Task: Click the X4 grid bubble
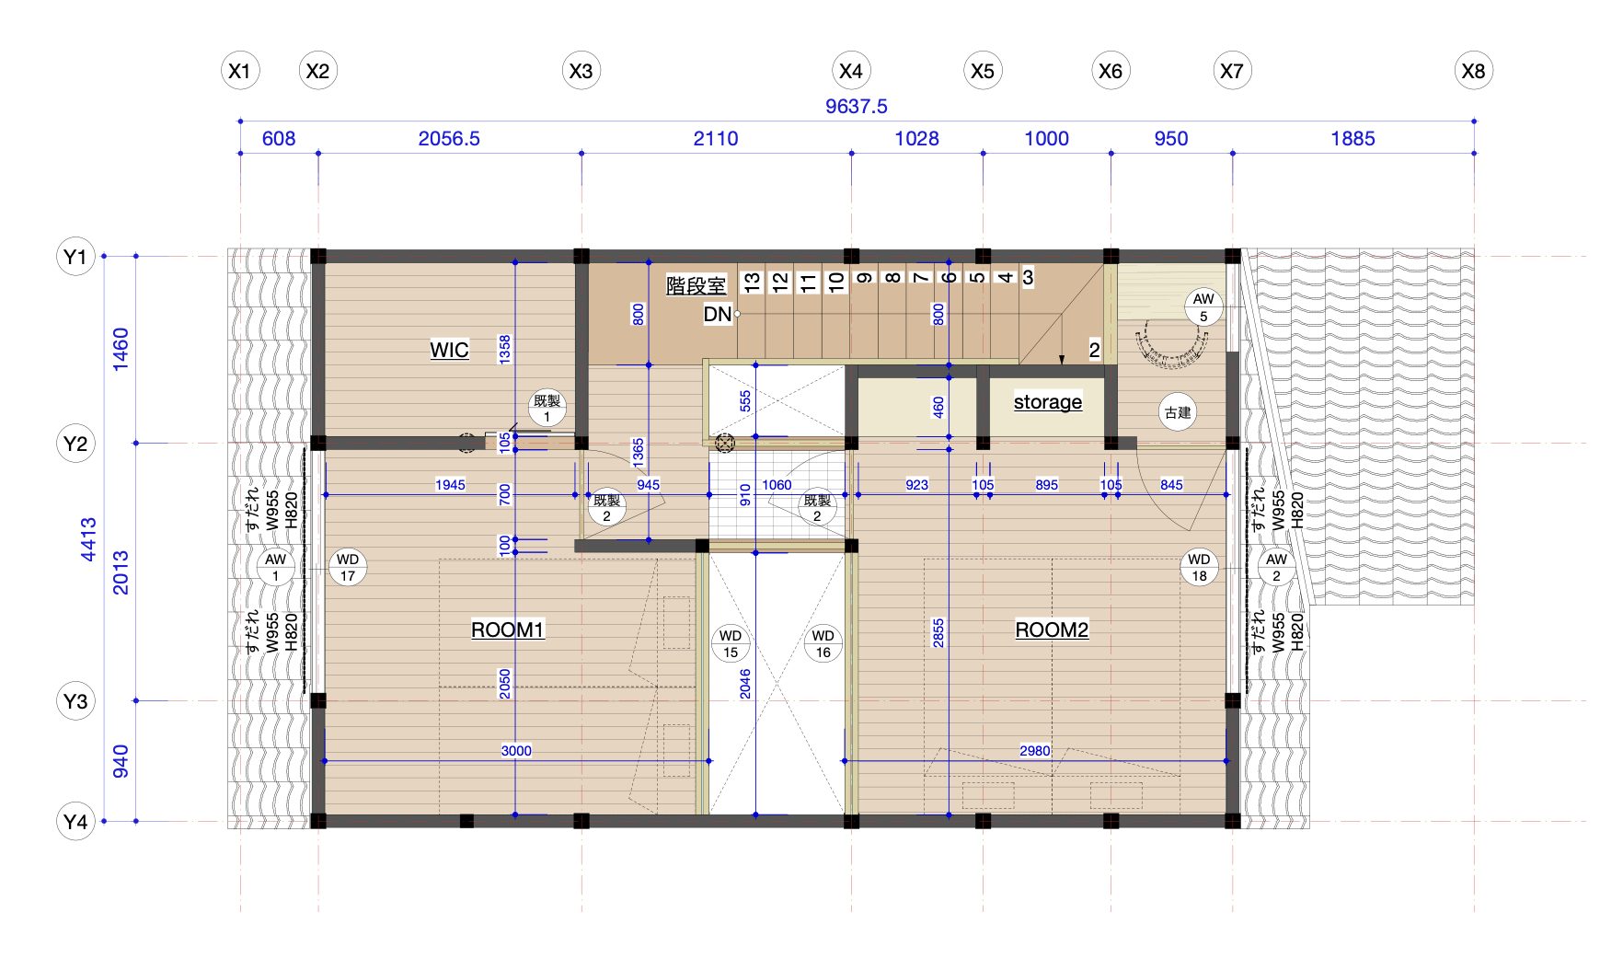point(851,71)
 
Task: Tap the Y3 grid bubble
point(75,701)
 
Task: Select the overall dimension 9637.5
point(857,106)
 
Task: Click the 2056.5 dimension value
point(449,138)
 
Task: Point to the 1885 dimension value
point(1352,138)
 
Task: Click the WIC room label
point(449,350)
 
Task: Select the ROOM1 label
point(508,629)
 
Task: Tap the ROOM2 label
point(1052,629)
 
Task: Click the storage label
point(1048,401)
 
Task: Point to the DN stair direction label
point(718,314)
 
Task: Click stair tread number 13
point(753,282)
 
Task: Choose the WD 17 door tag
point(348,568)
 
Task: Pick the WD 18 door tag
point(1200,568)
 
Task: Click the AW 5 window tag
point(1203,307)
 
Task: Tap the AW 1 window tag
point(275,568)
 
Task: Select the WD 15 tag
point(731,644)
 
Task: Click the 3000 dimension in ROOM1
point(516,750)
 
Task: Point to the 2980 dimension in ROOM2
point(1035,750)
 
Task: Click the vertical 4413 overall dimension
point(88,539)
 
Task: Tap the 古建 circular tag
point(1178,412)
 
